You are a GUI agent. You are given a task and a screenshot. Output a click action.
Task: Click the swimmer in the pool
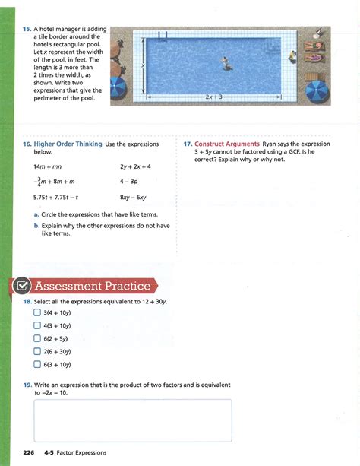226,63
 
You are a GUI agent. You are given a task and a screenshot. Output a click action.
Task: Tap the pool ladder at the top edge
163,36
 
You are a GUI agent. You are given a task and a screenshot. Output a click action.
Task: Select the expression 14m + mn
48,166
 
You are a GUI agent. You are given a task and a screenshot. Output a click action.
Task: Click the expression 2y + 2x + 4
135,166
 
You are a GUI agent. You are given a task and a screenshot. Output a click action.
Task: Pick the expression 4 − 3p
130,182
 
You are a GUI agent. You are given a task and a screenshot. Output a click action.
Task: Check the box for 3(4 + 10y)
37,312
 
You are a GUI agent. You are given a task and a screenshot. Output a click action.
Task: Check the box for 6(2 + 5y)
37,338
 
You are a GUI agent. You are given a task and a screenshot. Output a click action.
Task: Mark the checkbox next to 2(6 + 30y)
37,351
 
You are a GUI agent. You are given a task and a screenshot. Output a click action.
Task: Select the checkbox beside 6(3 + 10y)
37,364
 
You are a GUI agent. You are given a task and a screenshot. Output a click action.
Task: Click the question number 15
26,30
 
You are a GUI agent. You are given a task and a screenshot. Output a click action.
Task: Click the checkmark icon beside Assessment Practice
21,287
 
